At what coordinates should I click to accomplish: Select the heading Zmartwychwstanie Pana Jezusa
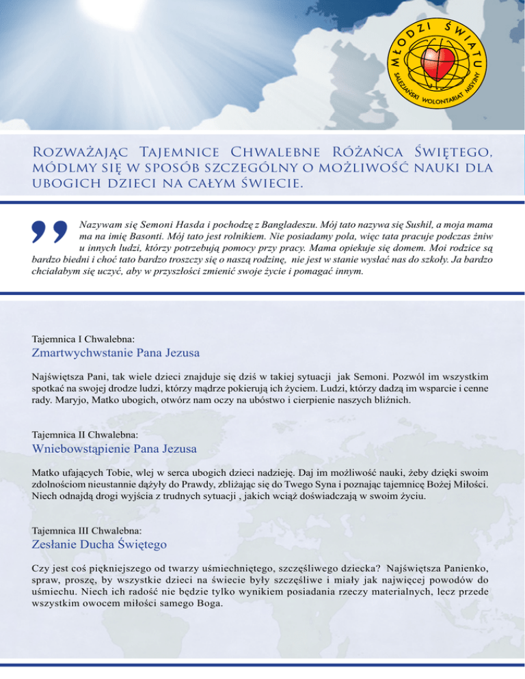pos(116,353)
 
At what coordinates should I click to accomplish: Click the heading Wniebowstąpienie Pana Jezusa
pos(115,449)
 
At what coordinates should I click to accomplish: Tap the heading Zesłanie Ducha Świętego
pos(100,544)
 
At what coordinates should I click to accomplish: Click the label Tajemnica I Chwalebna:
pos(83,338)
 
